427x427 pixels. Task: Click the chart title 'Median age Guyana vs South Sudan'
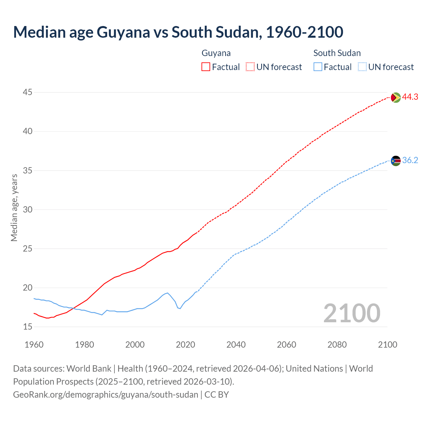(x=178, y=32)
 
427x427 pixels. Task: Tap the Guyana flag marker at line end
(x=396, y=97)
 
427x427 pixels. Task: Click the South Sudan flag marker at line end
(x=396, y=161)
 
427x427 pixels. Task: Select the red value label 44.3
(x=410, y=97)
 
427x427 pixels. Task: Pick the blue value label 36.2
(x=410, y=160)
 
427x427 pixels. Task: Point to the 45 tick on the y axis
(x=28, y=92)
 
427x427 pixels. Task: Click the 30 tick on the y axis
(x=28, y=209)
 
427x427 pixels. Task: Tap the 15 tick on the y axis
(x=28, y=327)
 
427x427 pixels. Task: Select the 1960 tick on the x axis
(x=34, y=345)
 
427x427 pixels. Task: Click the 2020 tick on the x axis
(x=185, y=345)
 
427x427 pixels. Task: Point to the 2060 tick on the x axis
(x=287, y=345)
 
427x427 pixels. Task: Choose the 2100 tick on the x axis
(x=388, y=345)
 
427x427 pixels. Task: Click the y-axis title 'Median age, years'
(x=14, y=207)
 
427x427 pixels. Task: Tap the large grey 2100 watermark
(x=352, y=313)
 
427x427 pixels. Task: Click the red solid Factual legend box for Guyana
(x=206, y=67)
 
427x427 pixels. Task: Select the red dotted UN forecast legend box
(x=250, y=67)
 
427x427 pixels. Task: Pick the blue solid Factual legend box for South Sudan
(x=318, y=67)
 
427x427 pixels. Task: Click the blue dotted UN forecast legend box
(x=362, y=67)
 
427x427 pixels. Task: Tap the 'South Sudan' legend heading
(x=337, y=53)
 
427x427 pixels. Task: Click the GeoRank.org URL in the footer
(x=105, y=395)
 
